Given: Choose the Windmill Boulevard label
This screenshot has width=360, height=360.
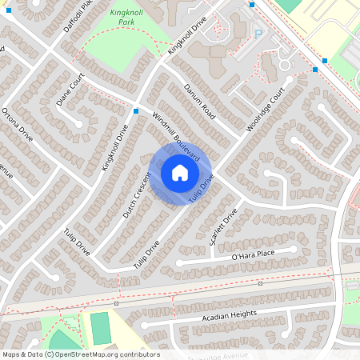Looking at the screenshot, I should [x=176, y=136].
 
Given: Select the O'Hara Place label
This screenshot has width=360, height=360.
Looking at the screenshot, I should [x=253, y=254].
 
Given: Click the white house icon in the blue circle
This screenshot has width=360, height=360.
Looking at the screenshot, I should [x=179, y=173].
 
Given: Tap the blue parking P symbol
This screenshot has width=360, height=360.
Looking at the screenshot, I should [x=258, y=34].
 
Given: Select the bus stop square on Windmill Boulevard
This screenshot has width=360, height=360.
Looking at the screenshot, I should [x=137, y=111].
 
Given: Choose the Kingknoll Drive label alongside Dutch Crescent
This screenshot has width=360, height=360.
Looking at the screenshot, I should [x=114, y=147].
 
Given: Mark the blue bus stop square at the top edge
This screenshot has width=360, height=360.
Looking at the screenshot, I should [x=252, y=4].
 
